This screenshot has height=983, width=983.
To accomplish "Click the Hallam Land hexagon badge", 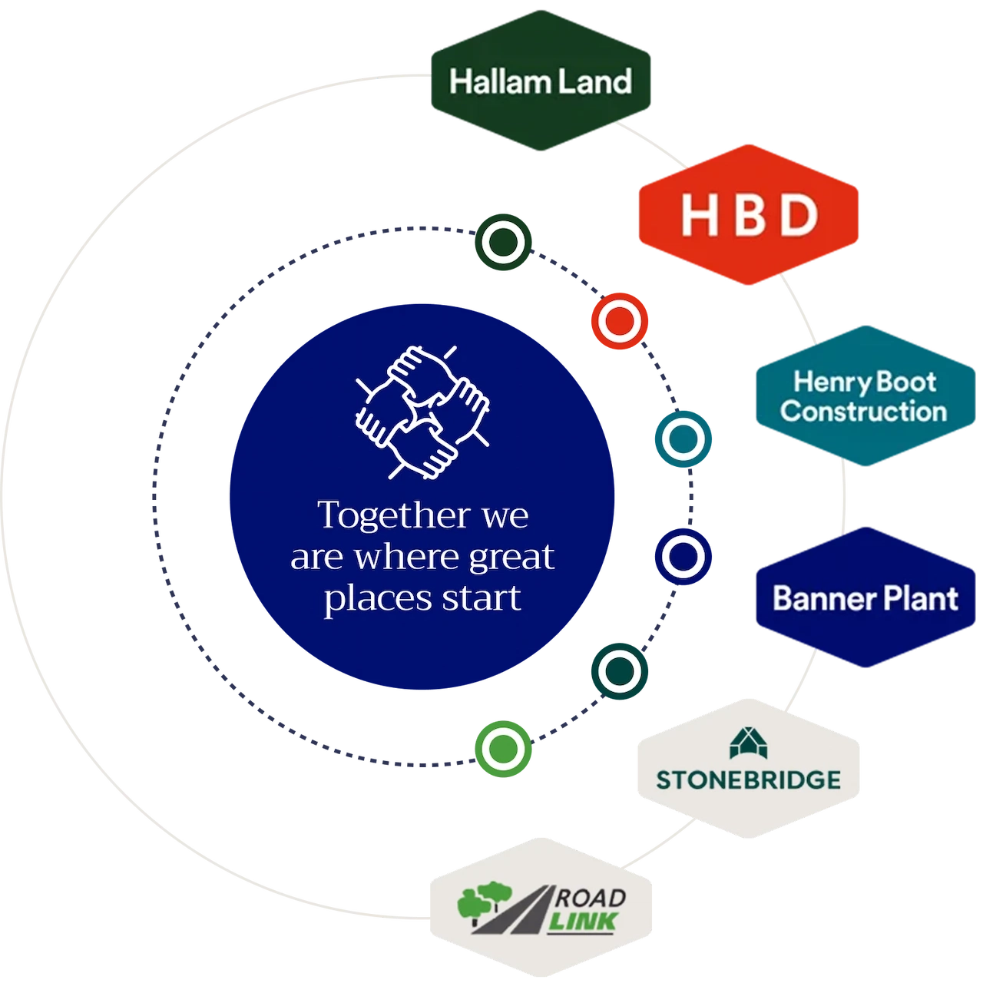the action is (541, 81).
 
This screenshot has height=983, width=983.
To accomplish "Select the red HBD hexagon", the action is (748, 215).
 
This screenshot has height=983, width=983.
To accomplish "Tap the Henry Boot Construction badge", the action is (866, 396).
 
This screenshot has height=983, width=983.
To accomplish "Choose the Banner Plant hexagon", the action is (866, 597).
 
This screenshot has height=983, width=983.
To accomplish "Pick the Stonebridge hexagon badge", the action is (748, 768).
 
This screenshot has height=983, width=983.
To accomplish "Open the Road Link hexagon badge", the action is (541, 908).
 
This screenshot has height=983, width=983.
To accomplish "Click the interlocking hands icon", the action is (422, 412).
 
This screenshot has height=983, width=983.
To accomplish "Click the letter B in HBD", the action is (749, 215).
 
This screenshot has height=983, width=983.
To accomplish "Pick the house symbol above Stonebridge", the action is (748, 743).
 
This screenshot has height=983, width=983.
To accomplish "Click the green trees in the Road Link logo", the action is (485, 903).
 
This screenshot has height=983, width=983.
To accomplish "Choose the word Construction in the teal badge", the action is (863, 412).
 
